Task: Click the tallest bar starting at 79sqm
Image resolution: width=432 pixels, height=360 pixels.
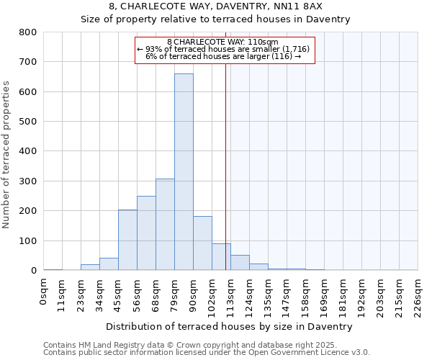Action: click(184, 172)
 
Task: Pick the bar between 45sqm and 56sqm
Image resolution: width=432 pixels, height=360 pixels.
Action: click(127, 240)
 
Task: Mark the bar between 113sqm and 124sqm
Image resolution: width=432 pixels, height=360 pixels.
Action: click(240, 263)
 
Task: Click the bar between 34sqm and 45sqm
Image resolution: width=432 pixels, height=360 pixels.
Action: click(109, 264)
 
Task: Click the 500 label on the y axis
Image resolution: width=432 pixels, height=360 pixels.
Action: click(28, 122)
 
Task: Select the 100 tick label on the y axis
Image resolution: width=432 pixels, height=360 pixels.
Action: click(28, 240)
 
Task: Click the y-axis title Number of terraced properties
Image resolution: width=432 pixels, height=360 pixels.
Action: click(7, 154)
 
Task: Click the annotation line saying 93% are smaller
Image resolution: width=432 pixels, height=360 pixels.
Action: click(223, 49)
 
